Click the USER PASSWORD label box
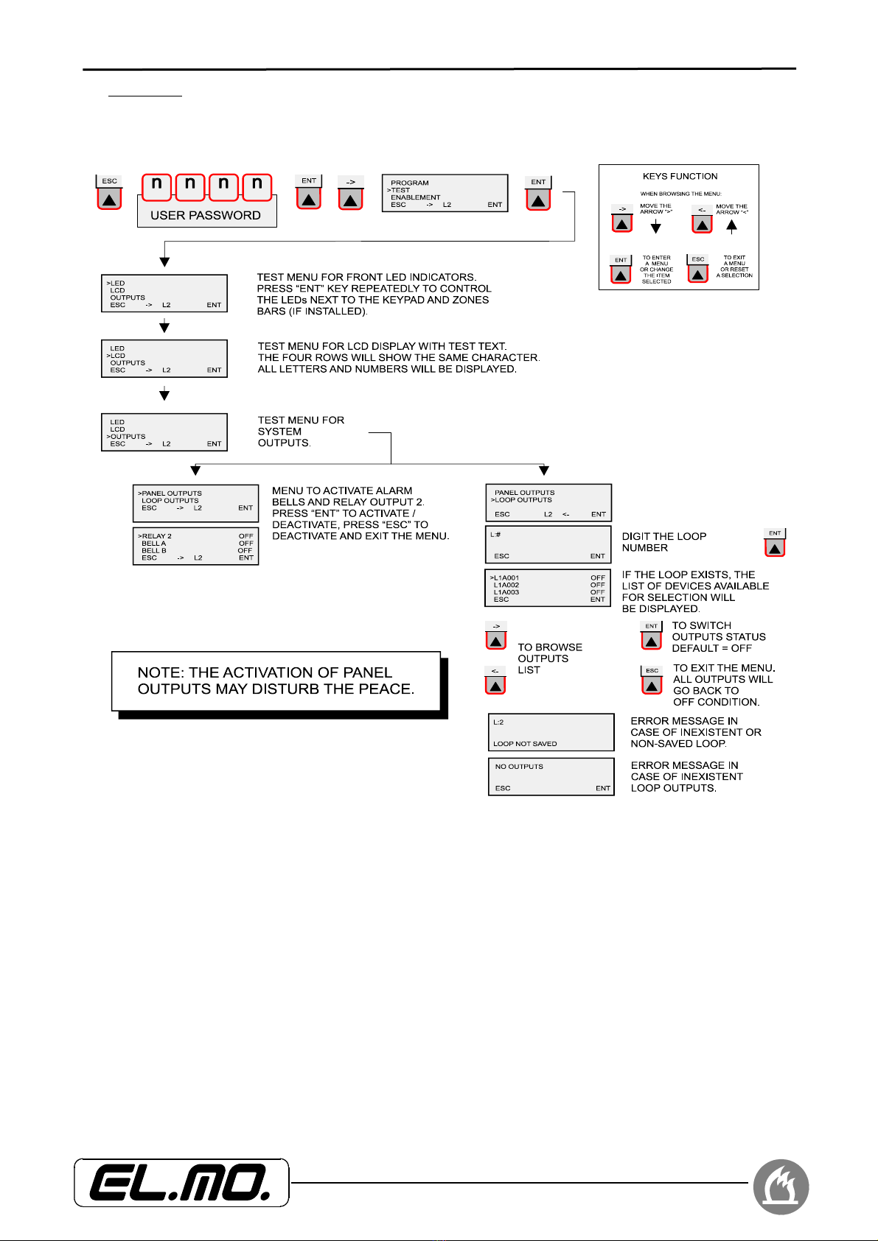click(206, 214)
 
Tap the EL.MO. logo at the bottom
click(181, 1183)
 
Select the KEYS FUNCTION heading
click(680, 177)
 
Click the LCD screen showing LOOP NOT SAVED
click(551, 732)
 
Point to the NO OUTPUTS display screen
click(551, 777)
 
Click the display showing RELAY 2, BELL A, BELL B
click(195, 546)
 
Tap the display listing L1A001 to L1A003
click(548, 588)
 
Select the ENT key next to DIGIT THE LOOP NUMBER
click(775, 543)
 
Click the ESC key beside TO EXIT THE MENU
click(652, 681)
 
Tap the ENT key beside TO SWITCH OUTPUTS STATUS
click(652, 636)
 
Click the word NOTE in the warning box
click(160, 672)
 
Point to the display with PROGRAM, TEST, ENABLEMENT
click(445, 193)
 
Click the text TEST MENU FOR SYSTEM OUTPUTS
click(301, 432)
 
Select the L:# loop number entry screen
click(548, 544)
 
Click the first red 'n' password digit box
click(156, 186)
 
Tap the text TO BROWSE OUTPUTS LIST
click(549, 658)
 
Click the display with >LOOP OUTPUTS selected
click(548, 502)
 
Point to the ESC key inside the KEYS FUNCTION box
click(697, 269)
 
